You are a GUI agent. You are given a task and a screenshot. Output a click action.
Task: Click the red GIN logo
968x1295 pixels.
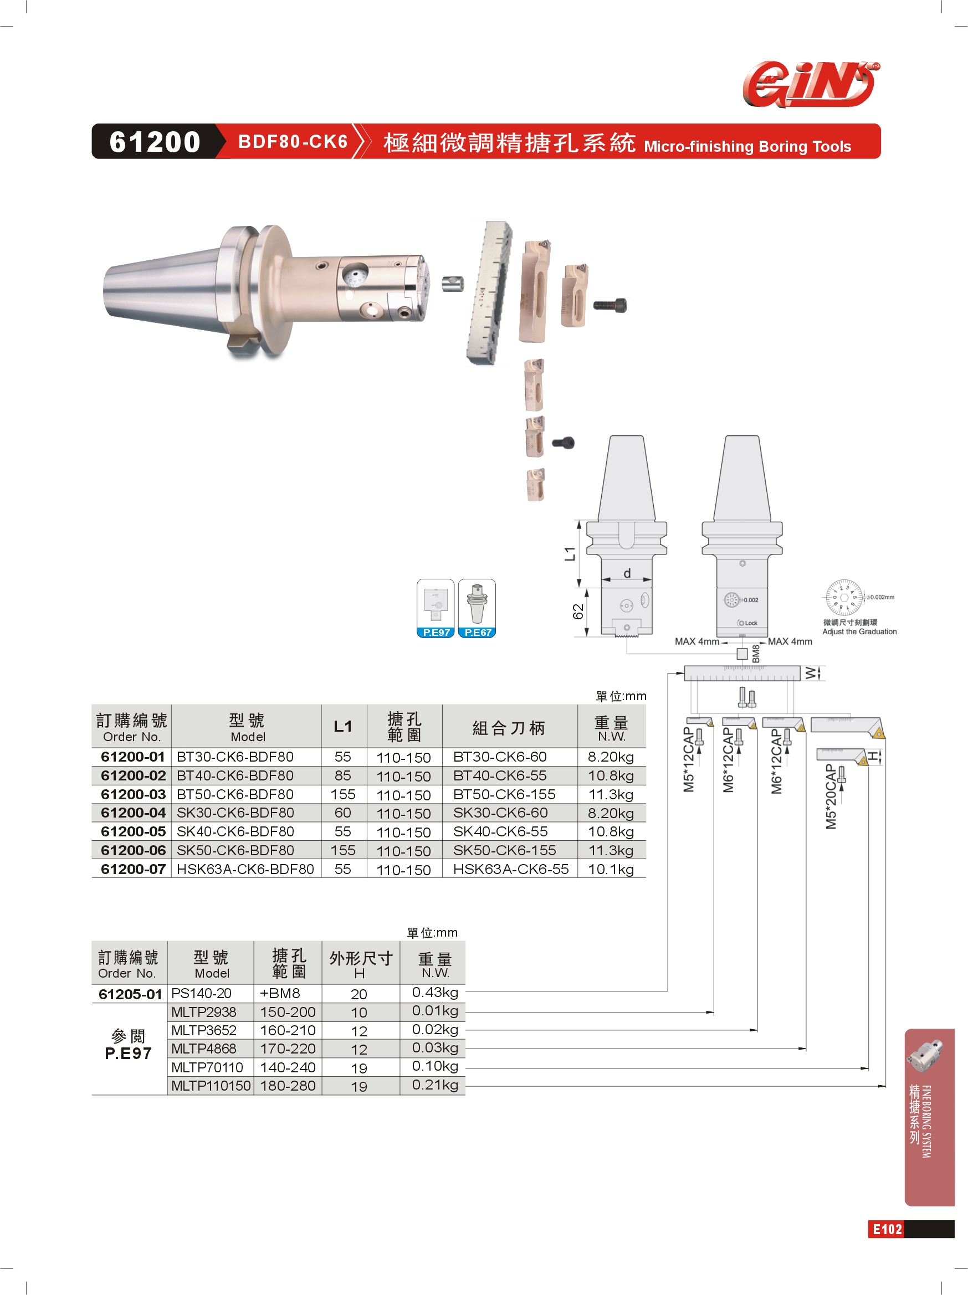click(x=811, y=84)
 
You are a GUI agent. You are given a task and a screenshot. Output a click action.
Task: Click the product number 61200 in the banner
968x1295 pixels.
click(x=155, y=142)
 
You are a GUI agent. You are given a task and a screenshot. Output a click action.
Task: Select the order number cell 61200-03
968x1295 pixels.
click(x=133, y=794)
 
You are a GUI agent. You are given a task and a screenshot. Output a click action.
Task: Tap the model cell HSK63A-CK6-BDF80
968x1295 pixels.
click(x=245, y=870)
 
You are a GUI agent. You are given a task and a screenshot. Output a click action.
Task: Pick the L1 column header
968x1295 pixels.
click(x=342, y=727)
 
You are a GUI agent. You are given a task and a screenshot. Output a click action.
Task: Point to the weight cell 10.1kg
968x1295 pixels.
click(x=611, y=870)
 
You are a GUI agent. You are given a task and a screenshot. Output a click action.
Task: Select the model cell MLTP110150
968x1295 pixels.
click(x=211, y=1086)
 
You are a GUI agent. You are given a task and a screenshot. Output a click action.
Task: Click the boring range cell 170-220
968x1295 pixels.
click(x=288, y=1049)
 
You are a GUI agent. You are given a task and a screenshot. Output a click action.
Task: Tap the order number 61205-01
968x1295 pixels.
click(x=130, y=994)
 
